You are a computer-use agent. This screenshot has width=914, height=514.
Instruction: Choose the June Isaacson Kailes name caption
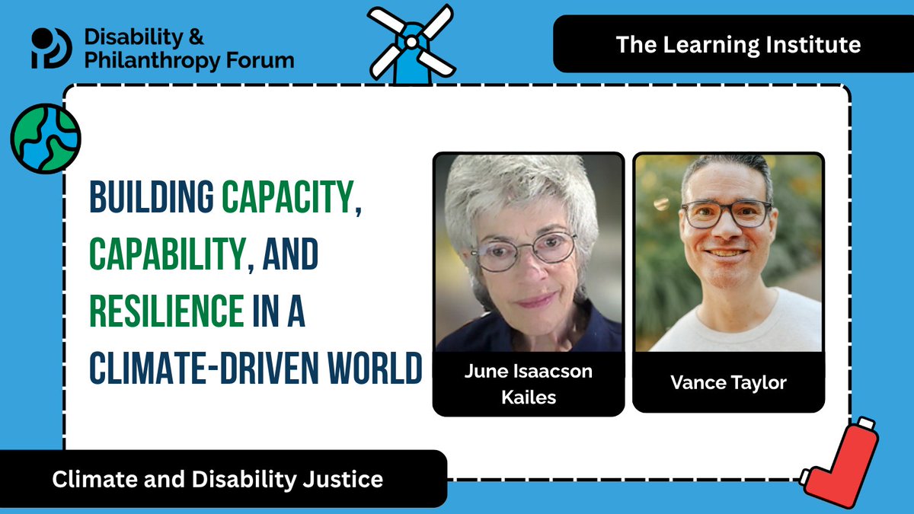click(x=528, y=384)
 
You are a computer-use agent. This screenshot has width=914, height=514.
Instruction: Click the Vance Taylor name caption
click(x=728, y=382)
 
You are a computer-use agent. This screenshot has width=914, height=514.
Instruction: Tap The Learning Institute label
click(x=738, y=44)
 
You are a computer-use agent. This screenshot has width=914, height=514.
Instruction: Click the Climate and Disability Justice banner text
click(x=217, y=480)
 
